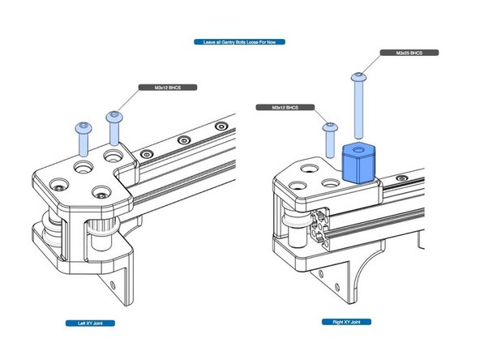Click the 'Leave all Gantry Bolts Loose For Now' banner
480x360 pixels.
(239, 41)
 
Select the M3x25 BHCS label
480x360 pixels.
(409, 53)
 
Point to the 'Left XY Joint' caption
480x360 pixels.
(89, 323)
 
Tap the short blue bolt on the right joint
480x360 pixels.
(330, 139)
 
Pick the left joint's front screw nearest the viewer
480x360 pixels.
(100, 192)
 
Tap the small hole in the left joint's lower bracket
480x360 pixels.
(112, 285)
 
